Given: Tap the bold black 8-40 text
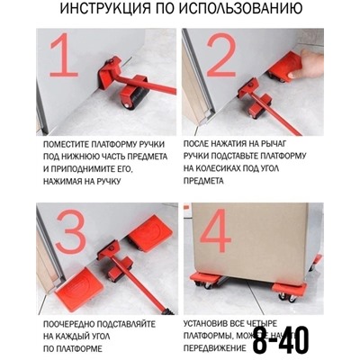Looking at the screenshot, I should coord(280,339).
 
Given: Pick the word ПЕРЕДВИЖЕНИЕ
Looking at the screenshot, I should coord(217,346).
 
